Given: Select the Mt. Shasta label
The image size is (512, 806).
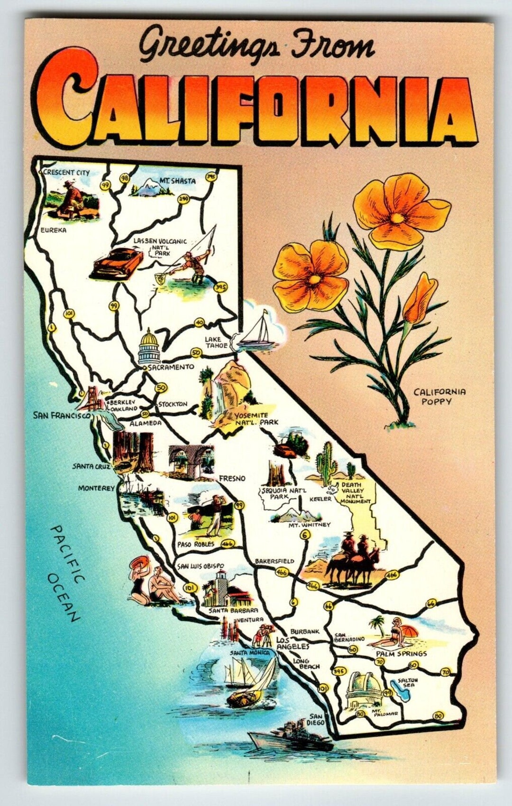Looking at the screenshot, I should coord(171,180).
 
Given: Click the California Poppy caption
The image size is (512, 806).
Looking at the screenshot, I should coord(439,397).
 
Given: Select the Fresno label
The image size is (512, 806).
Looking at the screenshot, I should coord(232,479).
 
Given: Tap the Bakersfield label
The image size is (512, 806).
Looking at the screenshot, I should coord(274,561).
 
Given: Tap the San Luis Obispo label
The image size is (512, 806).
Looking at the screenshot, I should coord(200,566).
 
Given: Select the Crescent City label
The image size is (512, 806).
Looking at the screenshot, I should coord(66,173).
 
